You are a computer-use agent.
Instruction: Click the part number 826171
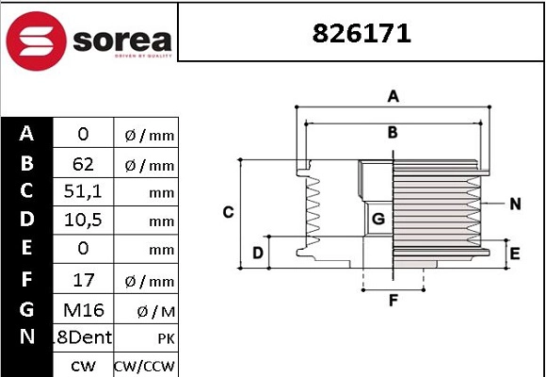361,34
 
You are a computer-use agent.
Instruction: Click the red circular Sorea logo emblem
36,41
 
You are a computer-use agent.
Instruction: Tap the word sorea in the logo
122,41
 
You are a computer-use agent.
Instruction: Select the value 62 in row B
83,164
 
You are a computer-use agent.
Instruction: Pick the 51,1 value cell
83,192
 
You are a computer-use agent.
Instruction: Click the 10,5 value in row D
83,220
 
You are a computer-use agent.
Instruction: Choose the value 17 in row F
83,280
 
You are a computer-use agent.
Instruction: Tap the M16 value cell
84,310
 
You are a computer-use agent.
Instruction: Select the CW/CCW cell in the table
143,367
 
